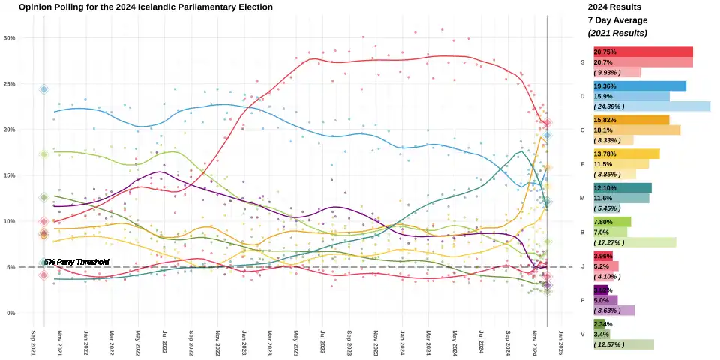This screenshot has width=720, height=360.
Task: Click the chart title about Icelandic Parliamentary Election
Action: [x=145, y=7]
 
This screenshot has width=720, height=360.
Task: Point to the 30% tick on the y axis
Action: [x=10, y=38]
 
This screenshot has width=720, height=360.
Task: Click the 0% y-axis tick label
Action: [x=10, y=313]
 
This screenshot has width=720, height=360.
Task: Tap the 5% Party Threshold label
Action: [x=76, y=262]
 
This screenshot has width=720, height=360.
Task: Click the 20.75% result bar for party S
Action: [x=643, y=52]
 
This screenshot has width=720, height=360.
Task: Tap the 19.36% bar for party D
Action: [x=639, y=86]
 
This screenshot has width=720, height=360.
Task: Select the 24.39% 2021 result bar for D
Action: [x=651, y=106]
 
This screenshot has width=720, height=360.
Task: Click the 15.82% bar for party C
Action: [x=631, y=120]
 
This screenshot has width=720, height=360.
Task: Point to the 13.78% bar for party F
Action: [x=626, y=154]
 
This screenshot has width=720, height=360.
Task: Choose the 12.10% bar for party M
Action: [x=622, y=187]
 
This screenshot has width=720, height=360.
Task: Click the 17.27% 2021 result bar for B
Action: [x=634, y=242]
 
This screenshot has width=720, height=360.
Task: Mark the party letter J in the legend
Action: [x=583, y=266]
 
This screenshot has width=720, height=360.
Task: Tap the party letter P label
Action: [x=583, y=300]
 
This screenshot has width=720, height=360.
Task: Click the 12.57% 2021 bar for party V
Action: [x=623, y=344]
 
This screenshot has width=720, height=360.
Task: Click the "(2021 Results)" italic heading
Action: [x=617, y=33]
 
